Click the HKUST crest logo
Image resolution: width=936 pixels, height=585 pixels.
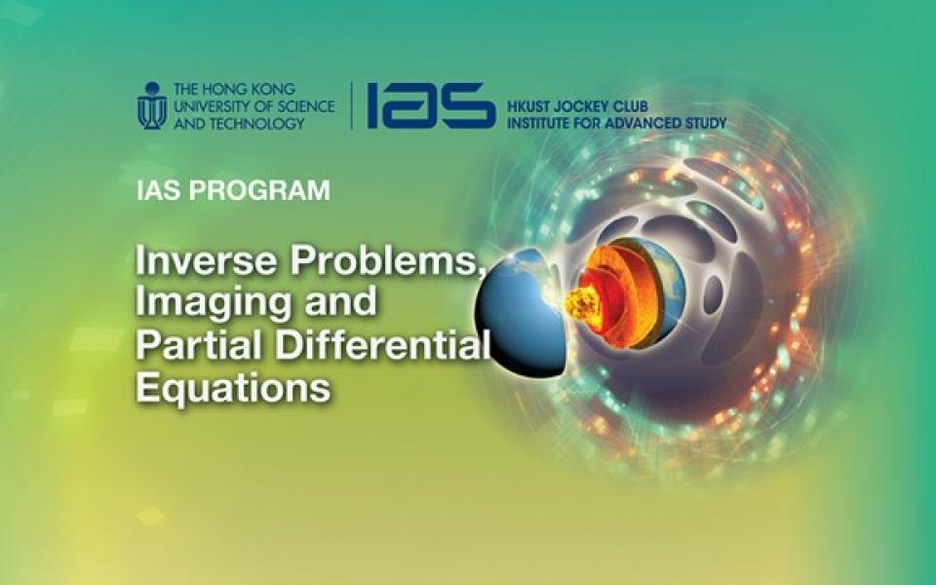pos(152,106)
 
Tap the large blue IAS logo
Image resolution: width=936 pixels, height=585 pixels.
pos(431,105)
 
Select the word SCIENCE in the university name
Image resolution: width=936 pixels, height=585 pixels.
pos(303,106)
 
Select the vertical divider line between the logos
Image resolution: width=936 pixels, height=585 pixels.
pos(351,105)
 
